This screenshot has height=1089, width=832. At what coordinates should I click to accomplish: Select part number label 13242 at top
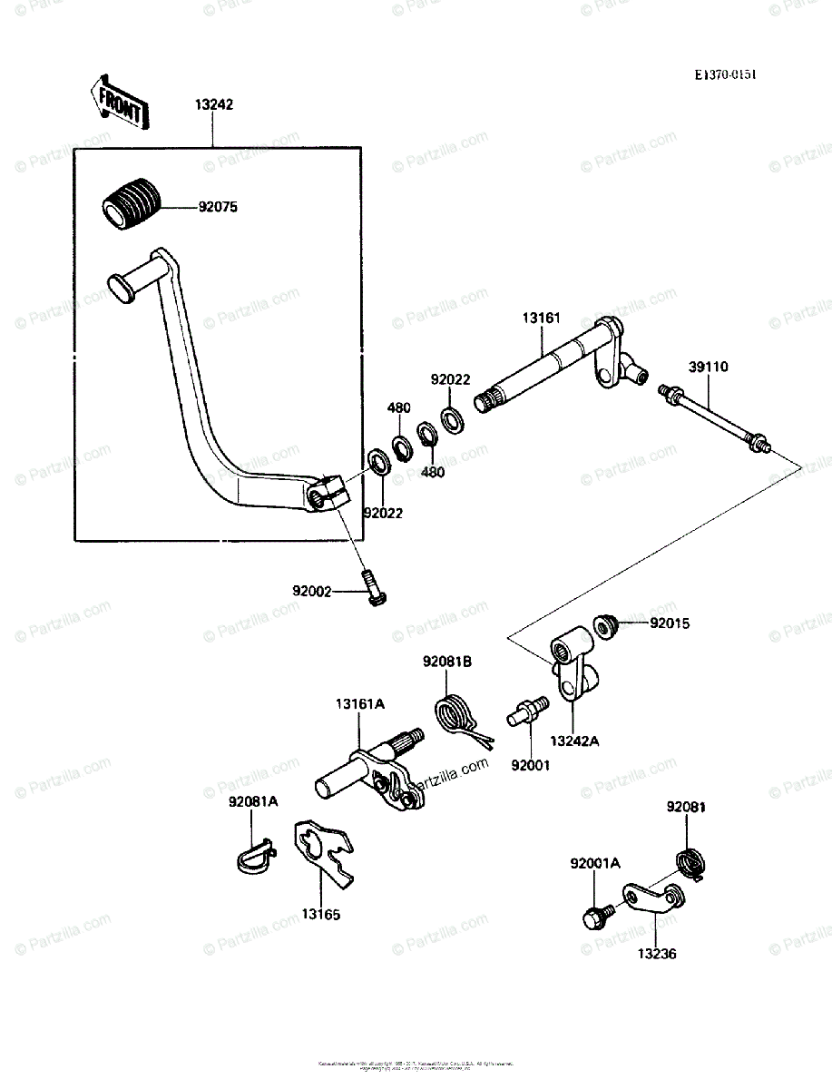coord(214,104)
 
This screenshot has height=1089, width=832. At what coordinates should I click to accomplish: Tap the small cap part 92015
coord(604,624)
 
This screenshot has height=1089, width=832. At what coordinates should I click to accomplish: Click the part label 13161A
coord(360,703)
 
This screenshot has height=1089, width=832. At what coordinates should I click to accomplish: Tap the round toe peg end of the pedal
coord(119,284)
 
